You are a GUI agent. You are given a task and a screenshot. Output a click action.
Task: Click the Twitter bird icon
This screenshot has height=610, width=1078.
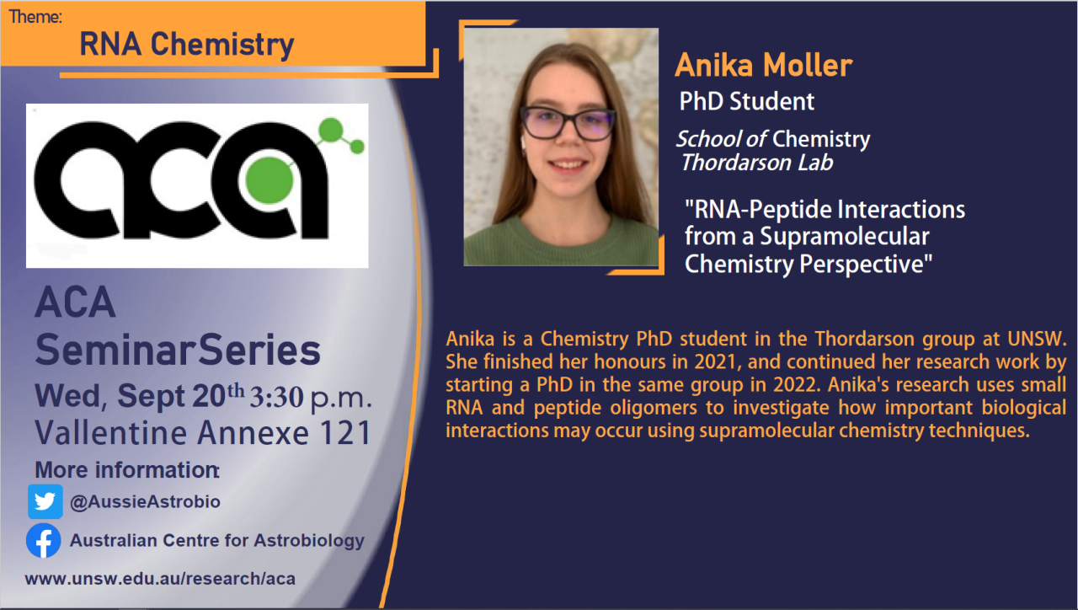coord(45,502)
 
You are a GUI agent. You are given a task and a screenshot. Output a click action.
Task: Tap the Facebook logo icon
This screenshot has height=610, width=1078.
coord(44,541)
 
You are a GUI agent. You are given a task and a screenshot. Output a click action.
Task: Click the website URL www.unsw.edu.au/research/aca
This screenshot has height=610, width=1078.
coord(160,579)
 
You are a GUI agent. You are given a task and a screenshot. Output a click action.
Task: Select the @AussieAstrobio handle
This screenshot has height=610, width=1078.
coord(145,502)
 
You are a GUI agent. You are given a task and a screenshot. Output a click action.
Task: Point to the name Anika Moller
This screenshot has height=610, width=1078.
coord(764,65)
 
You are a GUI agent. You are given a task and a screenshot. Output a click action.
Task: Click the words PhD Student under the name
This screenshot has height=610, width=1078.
coord(747,102)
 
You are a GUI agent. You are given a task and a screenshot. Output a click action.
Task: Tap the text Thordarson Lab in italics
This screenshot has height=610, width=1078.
coord(756,163)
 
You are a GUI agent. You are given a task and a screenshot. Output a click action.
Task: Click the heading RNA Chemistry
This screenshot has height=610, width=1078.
coord(186,44)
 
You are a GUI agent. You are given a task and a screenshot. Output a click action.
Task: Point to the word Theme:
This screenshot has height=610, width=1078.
coord(35,16)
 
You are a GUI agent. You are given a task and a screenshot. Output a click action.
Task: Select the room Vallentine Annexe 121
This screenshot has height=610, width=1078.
coord(203,434)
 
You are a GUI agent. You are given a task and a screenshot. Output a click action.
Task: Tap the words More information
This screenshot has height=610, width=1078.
coord(126,470)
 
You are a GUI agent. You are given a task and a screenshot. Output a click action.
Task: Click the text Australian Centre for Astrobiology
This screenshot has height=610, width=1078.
coord(216,541)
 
